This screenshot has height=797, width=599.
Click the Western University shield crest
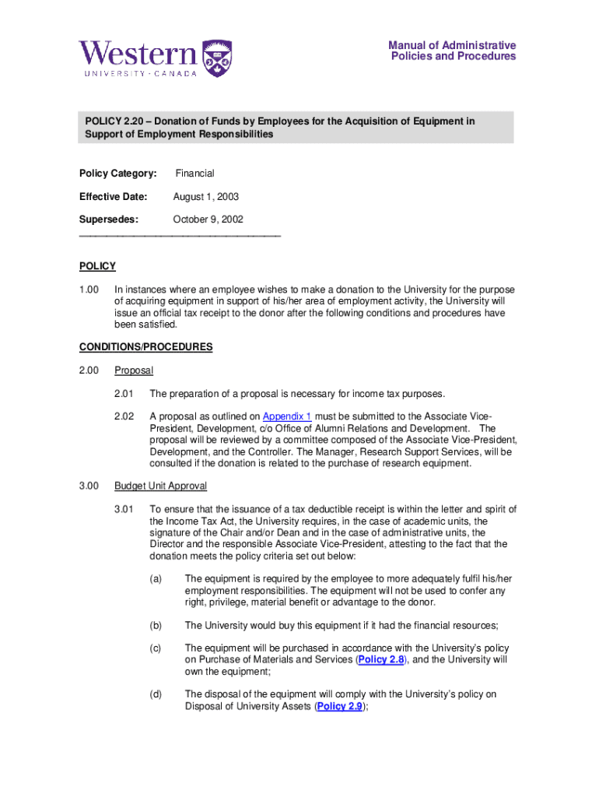217,58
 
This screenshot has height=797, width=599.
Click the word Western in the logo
138,54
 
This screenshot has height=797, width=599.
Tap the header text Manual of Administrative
452,45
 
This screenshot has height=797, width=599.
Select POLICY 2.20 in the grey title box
114,121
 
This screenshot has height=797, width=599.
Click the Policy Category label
117,174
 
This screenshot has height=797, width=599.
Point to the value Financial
194,174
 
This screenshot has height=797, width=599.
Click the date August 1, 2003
205,197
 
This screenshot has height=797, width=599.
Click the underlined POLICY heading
97,266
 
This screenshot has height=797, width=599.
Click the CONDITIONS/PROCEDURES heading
145,347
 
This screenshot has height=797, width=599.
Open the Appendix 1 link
287,416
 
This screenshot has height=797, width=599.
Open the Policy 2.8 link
381,659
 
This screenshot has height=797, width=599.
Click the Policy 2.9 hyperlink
340,707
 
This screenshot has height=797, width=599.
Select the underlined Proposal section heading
133,370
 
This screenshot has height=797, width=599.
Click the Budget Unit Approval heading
160,486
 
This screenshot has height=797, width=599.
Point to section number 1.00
89,290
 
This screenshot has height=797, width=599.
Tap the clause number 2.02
124,416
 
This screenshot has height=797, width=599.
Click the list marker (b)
156,625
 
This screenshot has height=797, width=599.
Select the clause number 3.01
124,510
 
